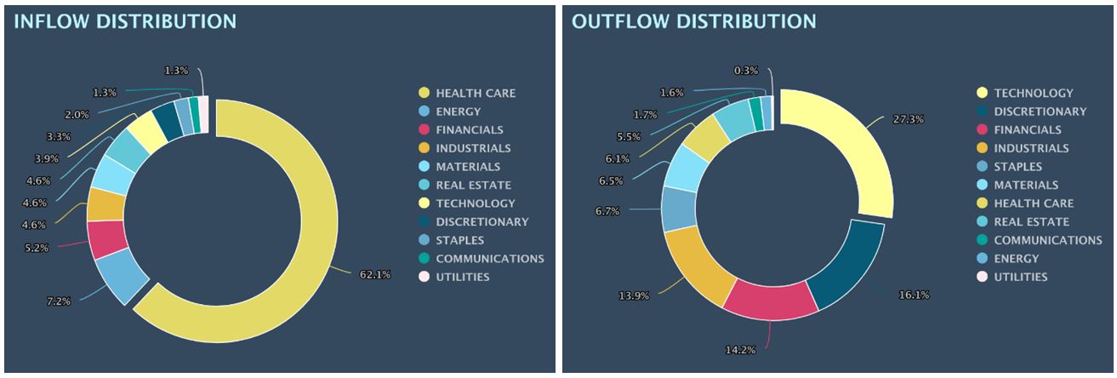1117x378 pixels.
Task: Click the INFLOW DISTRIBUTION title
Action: point(124,21)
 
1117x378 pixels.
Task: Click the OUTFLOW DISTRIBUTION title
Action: point(693,21)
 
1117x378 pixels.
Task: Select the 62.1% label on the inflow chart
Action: point(374,274)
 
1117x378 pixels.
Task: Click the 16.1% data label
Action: point(914,295)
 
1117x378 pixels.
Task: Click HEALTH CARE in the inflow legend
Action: point(476,93)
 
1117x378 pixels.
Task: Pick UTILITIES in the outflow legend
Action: point(1020,277)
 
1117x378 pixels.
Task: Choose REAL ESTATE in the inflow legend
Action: point(473,185)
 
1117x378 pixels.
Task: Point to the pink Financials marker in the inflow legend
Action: point(423,130)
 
